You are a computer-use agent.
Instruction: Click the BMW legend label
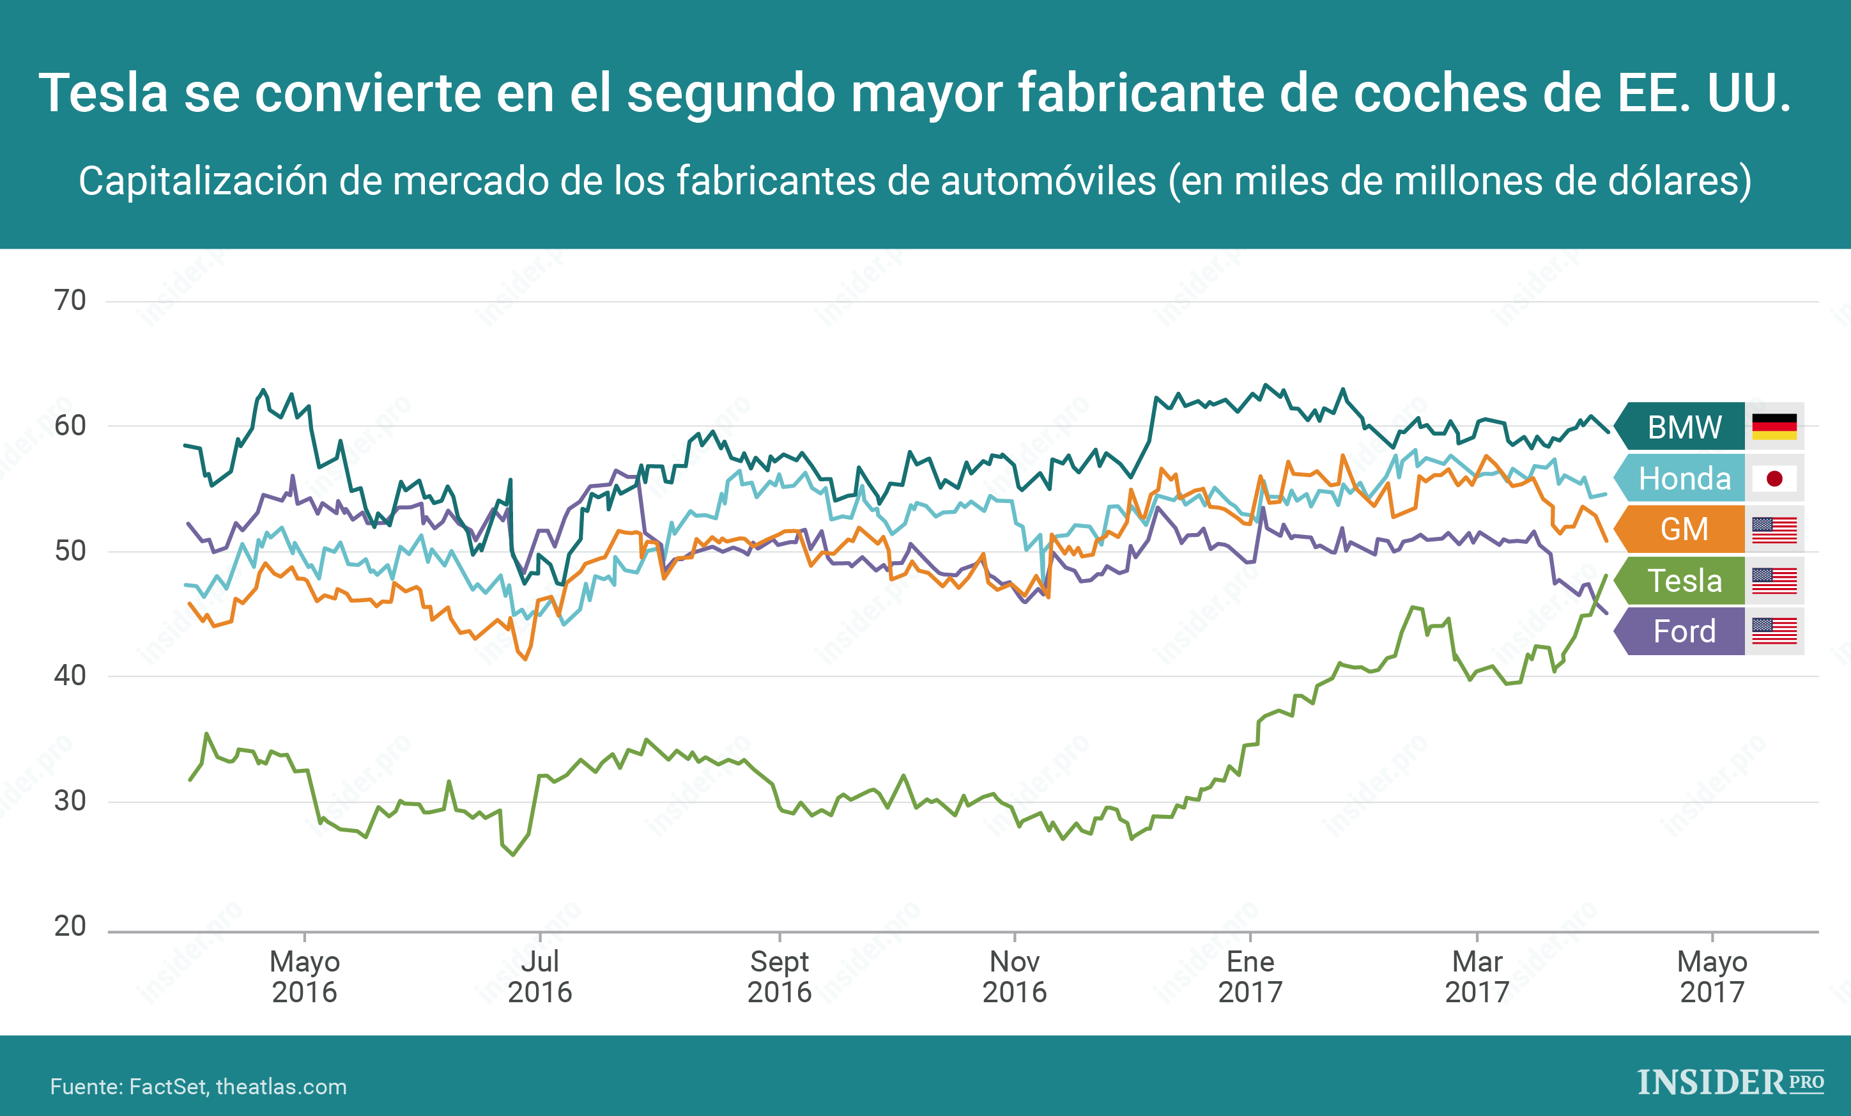coord(1684,427)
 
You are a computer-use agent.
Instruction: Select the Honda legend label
coord(1684,478)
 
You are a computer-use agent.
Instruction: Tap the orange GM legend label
coord(1684,529)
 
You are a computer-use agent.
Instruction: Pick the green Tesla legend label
coord(1684,580)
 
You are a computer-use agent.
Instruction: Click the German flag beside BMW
coord(1774,427)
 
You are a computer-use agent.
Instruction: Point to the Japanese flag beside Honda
coord(1774,478)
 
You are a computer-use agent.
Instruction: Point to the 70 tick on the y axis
coord(70,300)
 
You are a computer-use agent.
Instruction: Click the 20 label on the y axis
coord(70,926)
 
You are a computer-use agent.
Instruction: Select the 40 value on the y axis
coord(70,676)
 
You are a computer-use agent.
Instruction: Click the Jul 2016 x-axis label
coord(539,977)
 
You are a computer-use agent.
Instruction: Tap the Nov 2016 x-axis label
coord(1014,977)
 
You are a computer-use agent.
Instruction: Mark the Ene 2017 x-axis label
coord(1250,977)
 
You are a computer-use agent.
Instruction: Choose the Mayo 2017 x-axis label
coord(1712,977)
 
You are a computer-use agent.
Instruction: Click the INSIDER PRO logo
coord(1730,1082)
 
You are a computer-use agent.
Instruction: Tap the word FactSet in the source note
coord(167,1087)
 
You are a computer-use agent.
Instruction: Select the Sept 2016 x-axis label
coord(779,977)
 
